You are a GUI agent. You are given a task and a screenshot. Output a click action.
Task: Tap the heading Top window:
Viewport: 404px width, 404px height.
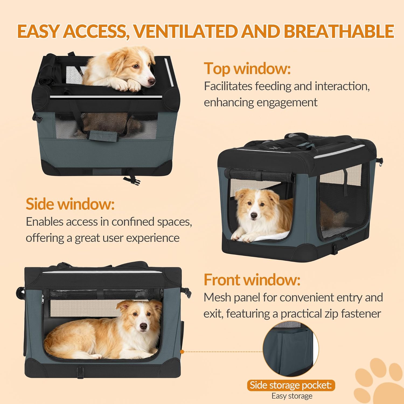(x=247, y=68)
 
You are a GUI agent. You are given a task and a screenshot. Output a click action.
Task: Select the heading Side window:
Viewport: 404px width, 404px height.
(x=70, y=204)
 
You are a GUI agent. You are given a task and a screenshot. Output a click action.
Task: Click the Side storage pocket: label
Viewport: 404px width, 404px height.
(x=291, y=385)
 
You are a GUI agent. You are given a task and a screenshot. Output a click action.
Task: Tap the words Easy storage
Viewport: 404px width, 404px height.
(x=292, y=396)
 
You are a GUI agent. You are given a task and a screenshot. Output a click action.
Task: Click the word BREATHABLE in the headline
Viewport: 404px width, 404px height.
(x=339, y=31)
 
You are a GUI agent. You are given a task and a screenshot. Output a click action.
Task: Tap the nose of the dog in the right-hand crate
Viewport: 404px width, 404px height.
(x=253, y=215)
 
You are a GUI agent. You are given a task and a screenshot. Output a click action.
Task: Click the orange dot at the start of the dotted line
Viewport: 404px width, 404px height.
(x=182, y=351)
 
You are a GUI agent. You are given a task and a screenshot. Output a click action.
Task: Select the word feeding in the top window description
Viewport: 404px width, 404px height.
(x=273, y=86)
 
